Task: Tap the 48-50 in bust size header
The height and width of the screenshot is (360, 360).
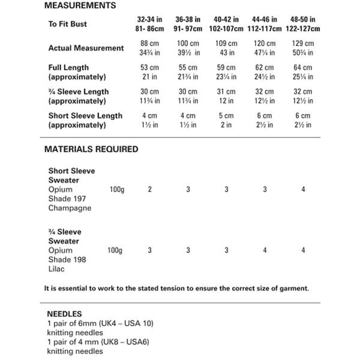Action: (x=303, y=19)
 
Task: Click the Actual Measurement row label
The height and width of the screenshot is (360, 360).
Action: (x=86, y=48)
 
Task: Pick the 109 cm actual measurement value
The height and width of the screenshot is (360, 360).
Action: (x=227, y=43)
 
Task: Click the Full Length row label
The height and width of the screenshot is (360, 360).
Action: (x=68, y=68)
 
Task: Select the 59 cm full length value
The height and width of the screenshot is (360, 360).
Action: (x=227, y=68)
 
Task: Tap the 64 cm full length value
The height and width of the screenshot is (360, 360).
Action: (x=303, y=68)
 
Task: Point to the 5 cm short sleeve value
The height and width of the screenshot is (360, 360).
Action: (x=227, y=116)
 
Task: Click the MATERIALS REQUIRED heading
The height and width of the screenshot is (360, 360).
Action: (x=91, y=149)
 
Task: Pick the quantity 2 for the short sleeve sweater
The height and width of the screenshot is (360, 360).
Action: (x=149, y=190)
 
